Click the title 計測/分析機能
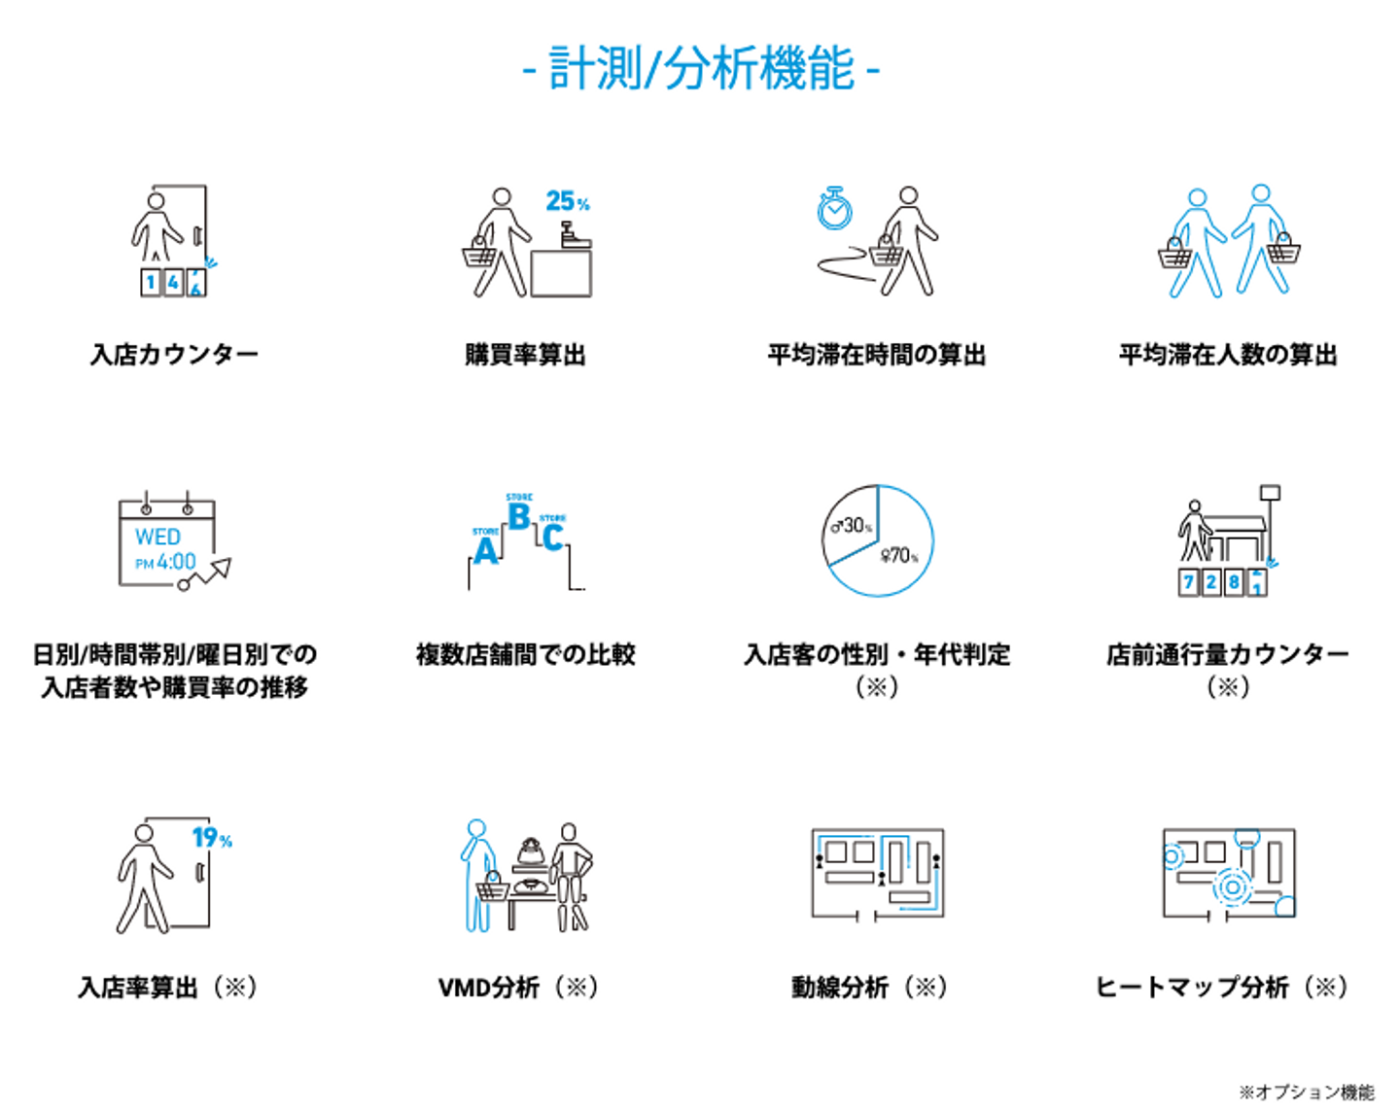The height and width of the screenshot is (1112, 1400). tap(701, 69)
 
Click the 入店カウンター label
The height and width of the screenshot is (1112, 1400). tap(175, 355)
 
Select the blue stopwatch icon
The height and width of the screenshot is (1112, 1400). tap(834, 208)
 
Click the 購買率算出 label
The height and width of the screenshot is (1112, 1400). tap(525, 355)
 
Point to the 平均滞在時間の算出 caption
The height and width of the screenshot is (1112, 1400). tap(876, 355)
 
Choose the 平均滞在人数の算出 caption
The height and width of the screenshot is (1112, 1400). tap(1227, 355)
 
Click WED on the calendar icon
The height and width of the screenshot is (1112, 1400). tap(157, 537)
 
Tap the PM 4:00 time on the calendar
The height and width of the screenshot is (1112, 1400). tap(166, 562)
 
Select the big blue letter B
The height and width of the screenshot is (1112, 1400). tap(519, 517)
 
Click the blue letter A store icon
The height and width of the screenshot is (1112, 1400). tap(485, 550)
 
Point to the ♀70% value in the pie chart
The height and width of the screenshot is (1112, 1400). tap(898, 556)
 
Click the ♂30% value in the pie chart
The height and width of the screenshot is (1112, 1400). tap(852, 526)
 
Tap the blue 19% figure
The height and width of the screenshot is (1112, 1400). tap(211, 838)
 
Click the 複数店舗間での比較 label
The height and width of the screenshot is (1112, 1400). tap(525, 654)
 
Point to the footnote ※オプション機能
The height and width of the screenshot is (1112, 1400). tap(1307, 1093)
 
